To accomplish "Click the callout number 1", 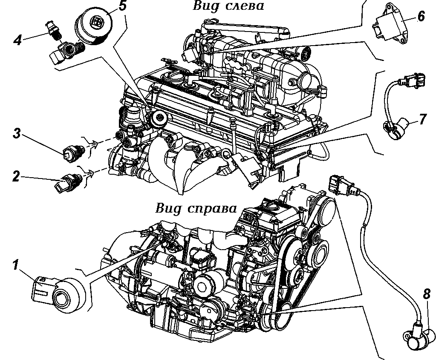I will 15,266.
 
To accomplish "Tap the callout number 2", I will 16,176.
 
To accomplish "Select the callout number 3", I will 17,134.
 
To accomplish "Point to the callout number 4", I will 17,40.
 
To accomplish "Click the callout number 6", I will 420,16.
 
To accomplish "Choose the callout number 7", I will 422,119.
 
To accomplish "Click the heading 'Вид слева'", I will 228,6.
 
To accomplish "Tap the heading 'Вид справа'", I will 195,209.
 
